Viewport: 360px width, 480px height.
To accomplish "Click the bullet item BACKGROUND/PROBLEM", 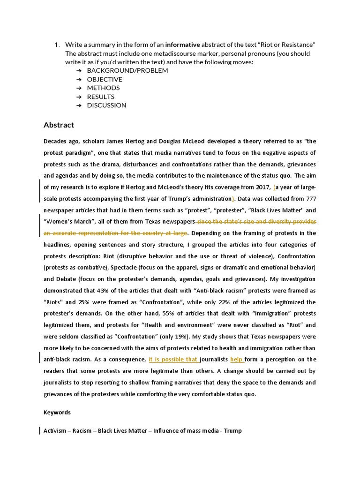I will pos(127,70).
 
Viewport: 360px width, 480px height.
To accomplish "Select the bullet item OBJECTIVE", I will pos(105,79).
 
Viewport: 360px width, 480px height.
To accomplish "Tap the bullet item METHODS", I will pos(103,88).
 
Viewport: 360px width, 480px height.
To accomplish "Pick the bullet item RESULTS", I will pos(100,97).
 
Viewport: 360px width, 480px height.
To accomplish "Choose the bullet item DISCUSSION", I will pos(106,105).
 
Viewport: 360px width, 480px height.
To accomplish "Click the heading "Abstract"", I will pos(59,125).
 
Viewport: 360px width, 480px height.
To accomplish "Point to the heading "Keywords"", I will pos(57,412).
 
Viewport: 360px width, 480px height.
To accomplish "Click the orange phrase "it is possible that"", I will pos(173,360).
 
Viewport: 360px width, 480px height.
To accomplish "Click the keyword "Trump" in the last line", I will pos(232,430).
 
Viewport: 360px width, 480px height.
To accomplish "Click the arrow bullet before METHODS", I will pos(78,88).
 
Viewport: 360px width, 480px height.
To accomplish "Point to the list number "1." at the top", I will pos(56,45).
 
